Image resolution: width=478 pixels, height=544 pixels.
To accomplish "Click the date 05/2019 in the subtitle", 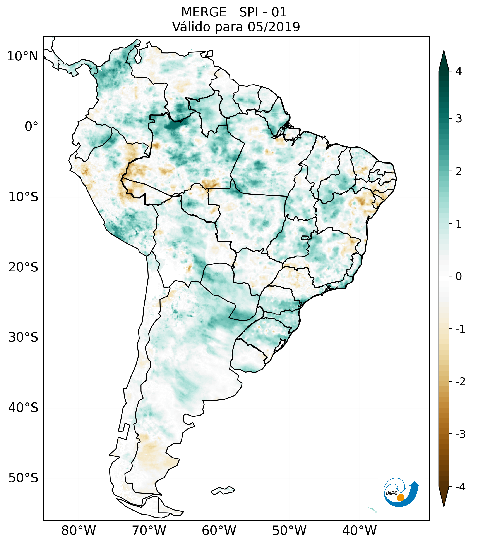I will [x=274, y=27].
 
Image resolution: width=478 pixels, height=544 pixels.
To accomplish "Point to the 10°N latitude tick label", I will [x=23, y=56].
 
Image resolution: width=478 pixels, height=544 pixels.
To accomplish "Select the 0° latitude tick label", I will [x=31, y=127].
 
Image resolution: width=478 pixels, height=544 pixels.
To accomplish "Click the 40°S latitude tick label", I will [x=23, y=408].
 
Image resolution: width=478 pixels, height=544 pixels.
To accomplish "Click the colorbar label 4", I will [x=459, y=71].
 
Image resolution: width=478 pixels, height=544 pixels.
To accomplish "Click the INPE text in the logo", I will [x=391, y=493].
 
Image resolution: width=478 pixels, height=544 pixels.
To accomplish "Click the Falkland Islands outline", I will [x=223, y=490].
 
